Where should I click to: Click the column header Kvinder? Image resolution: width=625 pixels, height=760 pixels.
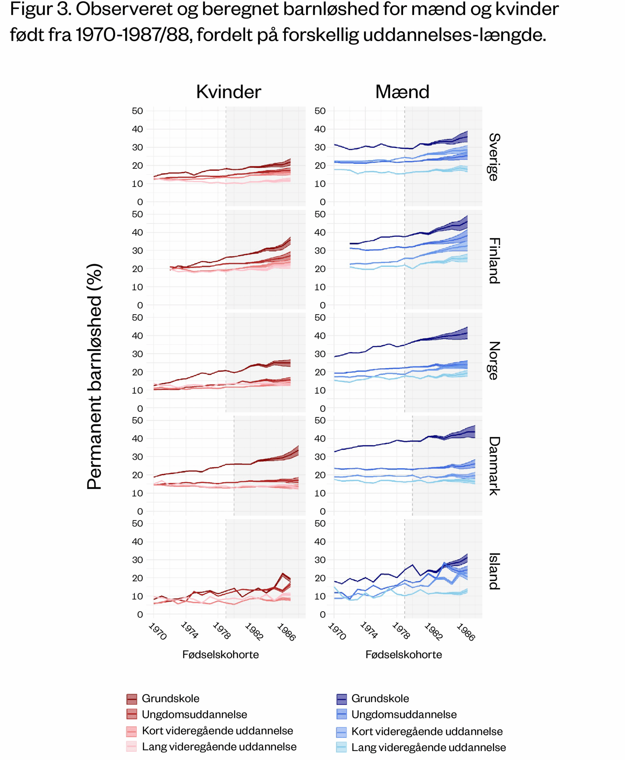click(x=228, y=92)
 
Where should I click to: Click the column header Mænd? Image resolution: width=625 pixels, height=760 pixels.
click(x=402, y=92)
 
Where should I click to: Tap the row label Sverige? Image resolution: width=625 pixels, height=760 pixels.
click(x=494, y=157)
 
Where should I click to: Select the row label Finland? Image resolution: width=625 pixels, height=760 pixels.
click(x=494, y=261)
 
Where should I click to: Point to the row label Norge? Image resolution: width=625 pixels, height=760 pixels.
click(x=494, y=361)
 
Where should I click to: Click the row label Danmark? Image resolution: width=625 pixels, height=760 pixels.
click(x=494, y=466)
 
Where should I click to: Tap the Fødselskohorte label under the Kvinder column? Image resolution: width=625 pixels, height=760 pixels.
click(x=220, y=654)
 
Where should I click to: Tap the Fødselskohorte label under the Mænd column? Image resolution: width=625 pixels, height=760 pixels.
click(x=404, y=654)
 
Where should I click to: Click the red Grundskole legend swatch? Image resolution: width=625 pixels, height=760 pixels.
click(x=132, y=699)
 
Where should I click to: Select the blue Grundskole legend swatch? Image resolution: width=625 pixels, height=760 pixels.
click(x=341, y=699)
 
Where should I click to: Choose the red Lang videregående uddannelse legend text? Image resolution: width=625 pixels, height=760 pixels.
click(x=219, y=747)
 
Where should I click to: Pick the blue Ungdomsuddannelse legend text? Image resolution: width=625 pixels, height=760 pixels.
click(x=404, y=714)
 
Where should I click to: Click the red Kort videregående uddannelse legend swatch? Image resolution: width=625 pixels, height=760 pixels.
click(x=132, y=731)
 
